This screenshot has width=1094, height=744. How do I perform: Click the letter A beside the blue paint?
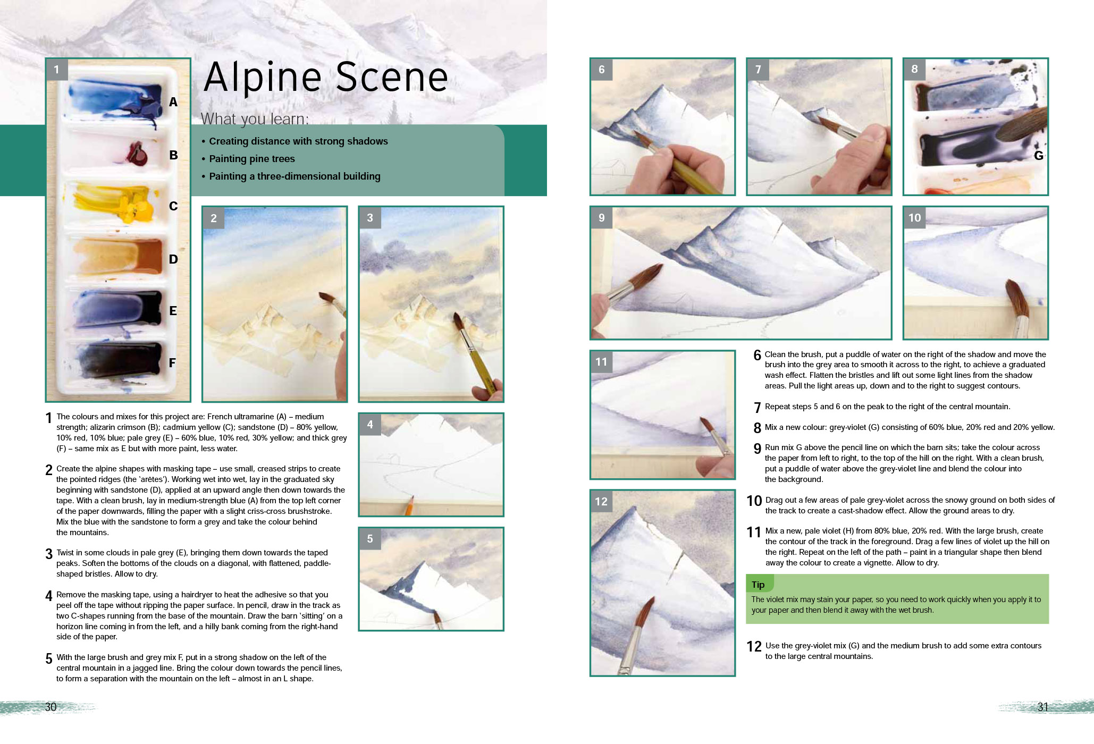pos(173,102)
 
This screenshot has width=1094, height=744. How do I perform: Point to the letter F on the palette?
pos(172,363)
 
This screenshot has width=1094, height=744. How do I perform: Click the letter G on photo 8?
pos(1038,156)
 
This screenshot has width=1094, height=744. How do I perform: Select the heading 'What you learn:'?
pos(254,119)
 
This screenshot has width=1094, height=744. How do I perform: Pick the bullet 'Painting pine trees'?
pos(251,159)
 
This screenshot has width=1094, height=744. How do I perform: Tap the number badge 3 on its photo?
pos(370,218)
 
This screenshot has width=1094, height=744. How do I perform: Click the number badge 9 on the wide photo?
pos(601,218)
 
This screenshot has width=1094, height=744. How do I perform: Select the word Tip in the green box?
pos(758,585)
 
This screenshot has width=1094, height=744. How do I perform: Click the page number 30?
pos(51,707)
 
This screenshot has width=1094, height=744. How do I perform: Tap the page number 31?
pos(1042,707)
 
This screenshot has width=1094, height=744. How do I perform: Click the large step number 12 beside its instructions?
pos(754,647)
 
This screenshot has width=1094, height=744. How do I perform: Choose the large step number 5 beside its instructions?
pos(49,659)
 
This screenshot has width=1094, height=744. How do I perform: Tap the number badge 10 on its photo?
pos(914,218)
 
